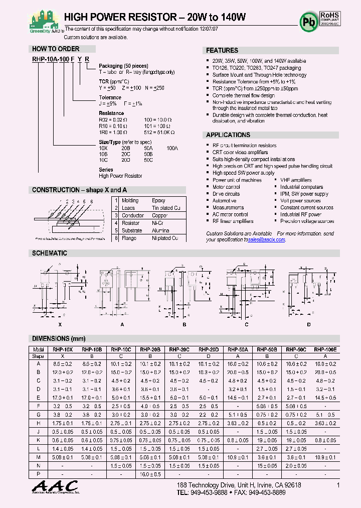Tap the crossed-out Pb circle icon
tap(308, 22)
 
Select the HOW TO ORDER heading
tap(56, 49)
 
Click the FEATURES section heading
tap(222, 51)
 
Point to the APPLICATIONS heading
tap(228, 135)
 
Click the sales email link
tap(267, 240)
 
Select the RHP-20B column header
tap(150, 349)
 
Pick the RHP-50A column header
tap(238, 349)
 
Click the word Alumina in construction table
tap(160, 230)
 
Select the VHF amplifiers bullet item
tap(296, 180)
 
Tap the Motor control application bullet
tap(226, 187)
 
